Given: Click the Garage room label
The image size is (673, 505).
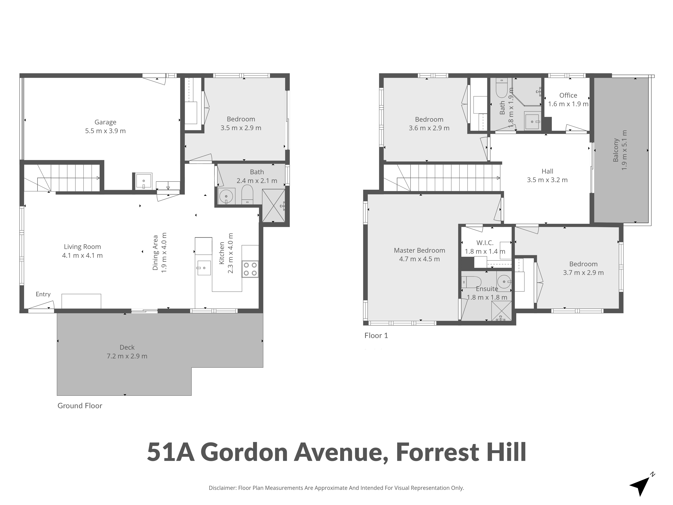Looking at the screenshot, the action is point(105,122).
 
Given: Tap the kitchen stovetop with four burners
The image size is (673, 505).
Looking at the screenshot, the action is point(250,269).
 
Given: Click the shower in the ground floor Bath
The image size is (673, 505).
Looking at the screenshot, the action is point(274,206).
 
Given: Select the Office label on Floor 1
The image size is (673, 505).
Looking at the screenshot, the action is point(568,95).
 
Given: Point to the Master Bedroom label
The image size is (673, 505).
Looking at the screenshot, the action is point(419,250).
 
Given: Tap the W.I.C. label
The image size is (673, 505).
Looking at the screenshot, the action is point(485,243).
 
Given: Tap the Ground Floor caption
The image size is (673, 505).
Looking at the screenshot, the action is point(80,406).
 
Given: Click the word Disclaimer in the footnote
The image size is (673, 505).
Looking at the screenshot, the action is point(222,488).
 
